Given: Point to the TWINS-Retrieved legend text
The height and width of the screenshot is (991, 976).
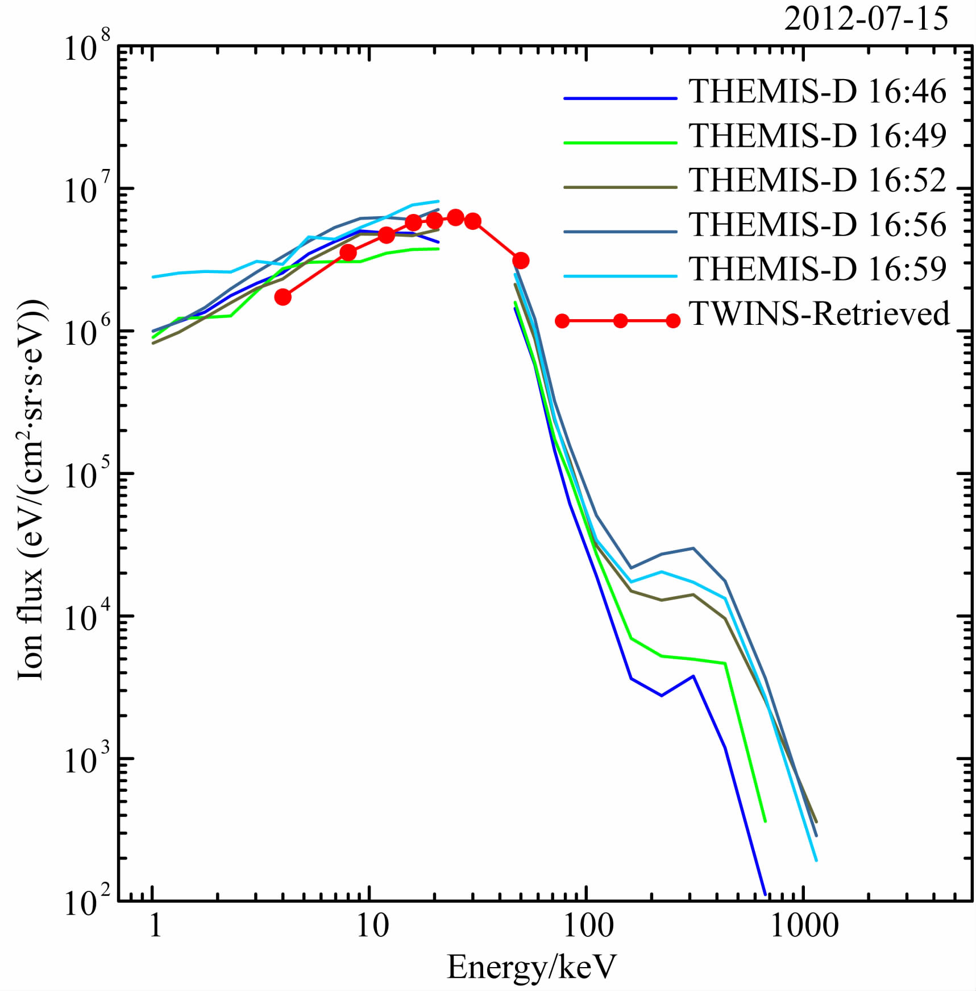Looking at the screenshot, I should click(x=819, y=313).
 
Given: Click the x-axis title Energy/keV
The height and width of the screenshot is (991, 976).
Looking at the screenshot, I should click(x=531, y=967).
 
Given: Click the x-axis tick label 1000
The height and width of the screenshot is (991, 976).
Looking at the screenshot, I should click(x=804, y=926).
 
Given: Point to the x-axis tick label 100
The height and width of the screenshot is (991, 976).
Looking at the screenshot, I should click(x=588, y=926).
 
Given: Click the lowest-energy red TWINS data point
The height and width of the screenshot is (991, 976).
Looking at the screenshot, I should click(x=283, y=297).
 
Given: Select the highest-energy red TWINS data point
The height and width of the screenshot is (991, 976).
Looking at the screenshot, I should click(x=521, y=261).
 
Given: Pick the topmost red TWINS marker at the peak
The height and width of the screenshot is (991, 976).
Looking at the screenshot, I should click(x=455, y=217).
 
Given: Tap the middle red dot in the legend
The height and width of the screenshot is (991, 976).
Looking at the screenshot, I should click(x=620, y=321).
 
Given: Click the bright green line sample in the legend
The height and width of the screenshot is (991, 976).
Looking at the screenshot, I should click(x=620, y=142).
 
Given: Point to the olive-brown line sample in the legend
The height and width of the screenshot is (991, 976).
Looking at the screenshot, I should click(x=620, y=187).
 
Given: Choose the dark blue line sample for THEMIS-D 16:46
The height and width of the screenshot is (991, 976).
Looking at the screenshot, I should click(x=620, y=98).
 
